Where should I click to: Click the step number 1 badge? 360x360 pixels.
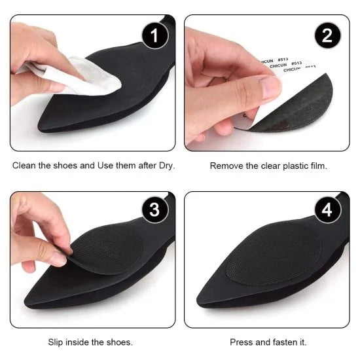click(x=154, y=35)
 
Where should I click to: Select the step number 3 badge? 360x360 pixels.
click(x=154, y=211)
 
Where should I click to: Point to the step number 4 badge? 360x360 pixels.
click(x=325, y=211)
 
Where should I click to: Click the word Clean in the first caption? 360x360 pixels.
click(x=25, y=166)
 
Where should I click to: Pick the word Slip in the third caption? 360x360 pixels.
click(x=57, y=342)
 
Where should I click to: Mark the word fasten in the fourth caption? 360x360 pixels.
click(x=285, y=342)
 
